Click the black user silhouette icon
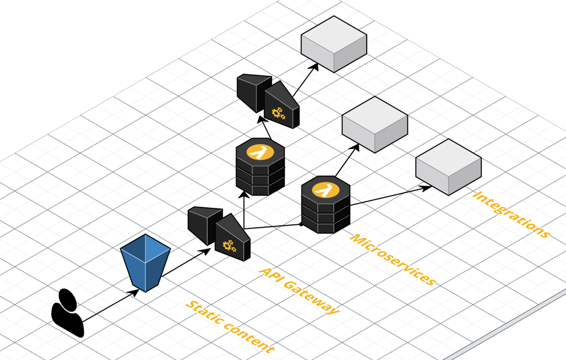(68, 314)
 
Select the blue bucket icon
(145, 262)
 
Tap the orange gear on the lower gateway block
(229, 245)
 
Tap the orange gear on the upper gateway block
(278, 113)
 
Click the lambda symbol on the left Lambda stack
(260, 152)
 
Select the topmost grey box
(334, 44)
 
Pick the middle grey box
(375, 124)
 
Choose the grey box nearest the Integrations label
(449, 167)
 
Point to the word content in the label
(249, 340)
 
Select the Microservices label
(393, 259)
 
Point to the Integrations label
(511, 214)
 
